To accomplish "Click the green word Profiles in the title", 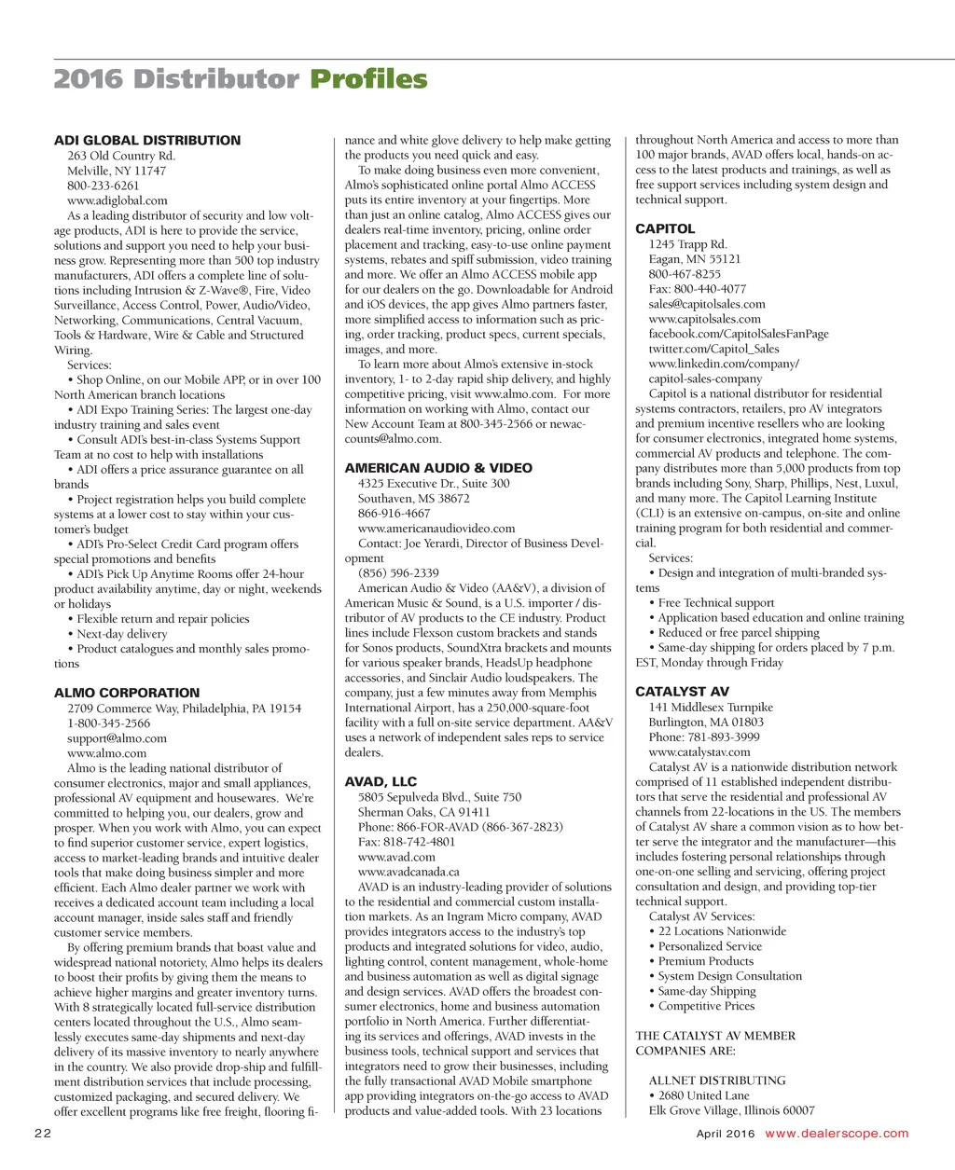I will (x=368, y=80).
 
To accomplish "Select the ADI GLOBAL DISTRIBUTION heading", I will (x=147, y=141).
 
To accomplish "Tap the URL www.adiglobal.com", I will (x=118, y=200).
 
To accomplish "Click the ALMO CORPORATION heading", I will (x=127, y=694).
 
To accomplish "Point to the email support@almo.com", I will (x=117, y=738).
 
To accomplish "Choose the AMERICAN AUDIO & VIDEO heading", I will (x=438, y=469).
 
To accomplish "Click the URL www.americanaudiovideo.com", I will (x=436, y=529).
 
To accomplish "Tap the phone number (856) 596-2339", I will (x=398, y=573).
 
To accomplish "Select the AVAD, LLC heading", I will (x=381, y=782).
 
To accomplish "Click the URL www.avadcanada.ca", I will (x=408, y=872).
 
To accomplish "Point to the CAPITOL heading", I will (x=665, y=229).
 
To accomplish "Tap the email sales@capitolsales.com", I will (x=707, y=304).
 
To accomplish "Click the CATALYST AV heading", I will (x=682, y=693).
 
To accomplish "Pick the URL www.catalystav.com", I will (x=699, y=752).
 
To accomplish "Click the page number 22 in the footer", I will (x=43, y=1134).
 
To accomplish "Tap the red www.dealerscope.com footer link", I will (x=837, y=1134).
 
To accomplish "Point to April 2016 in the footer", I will (x=726, y=1134).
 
